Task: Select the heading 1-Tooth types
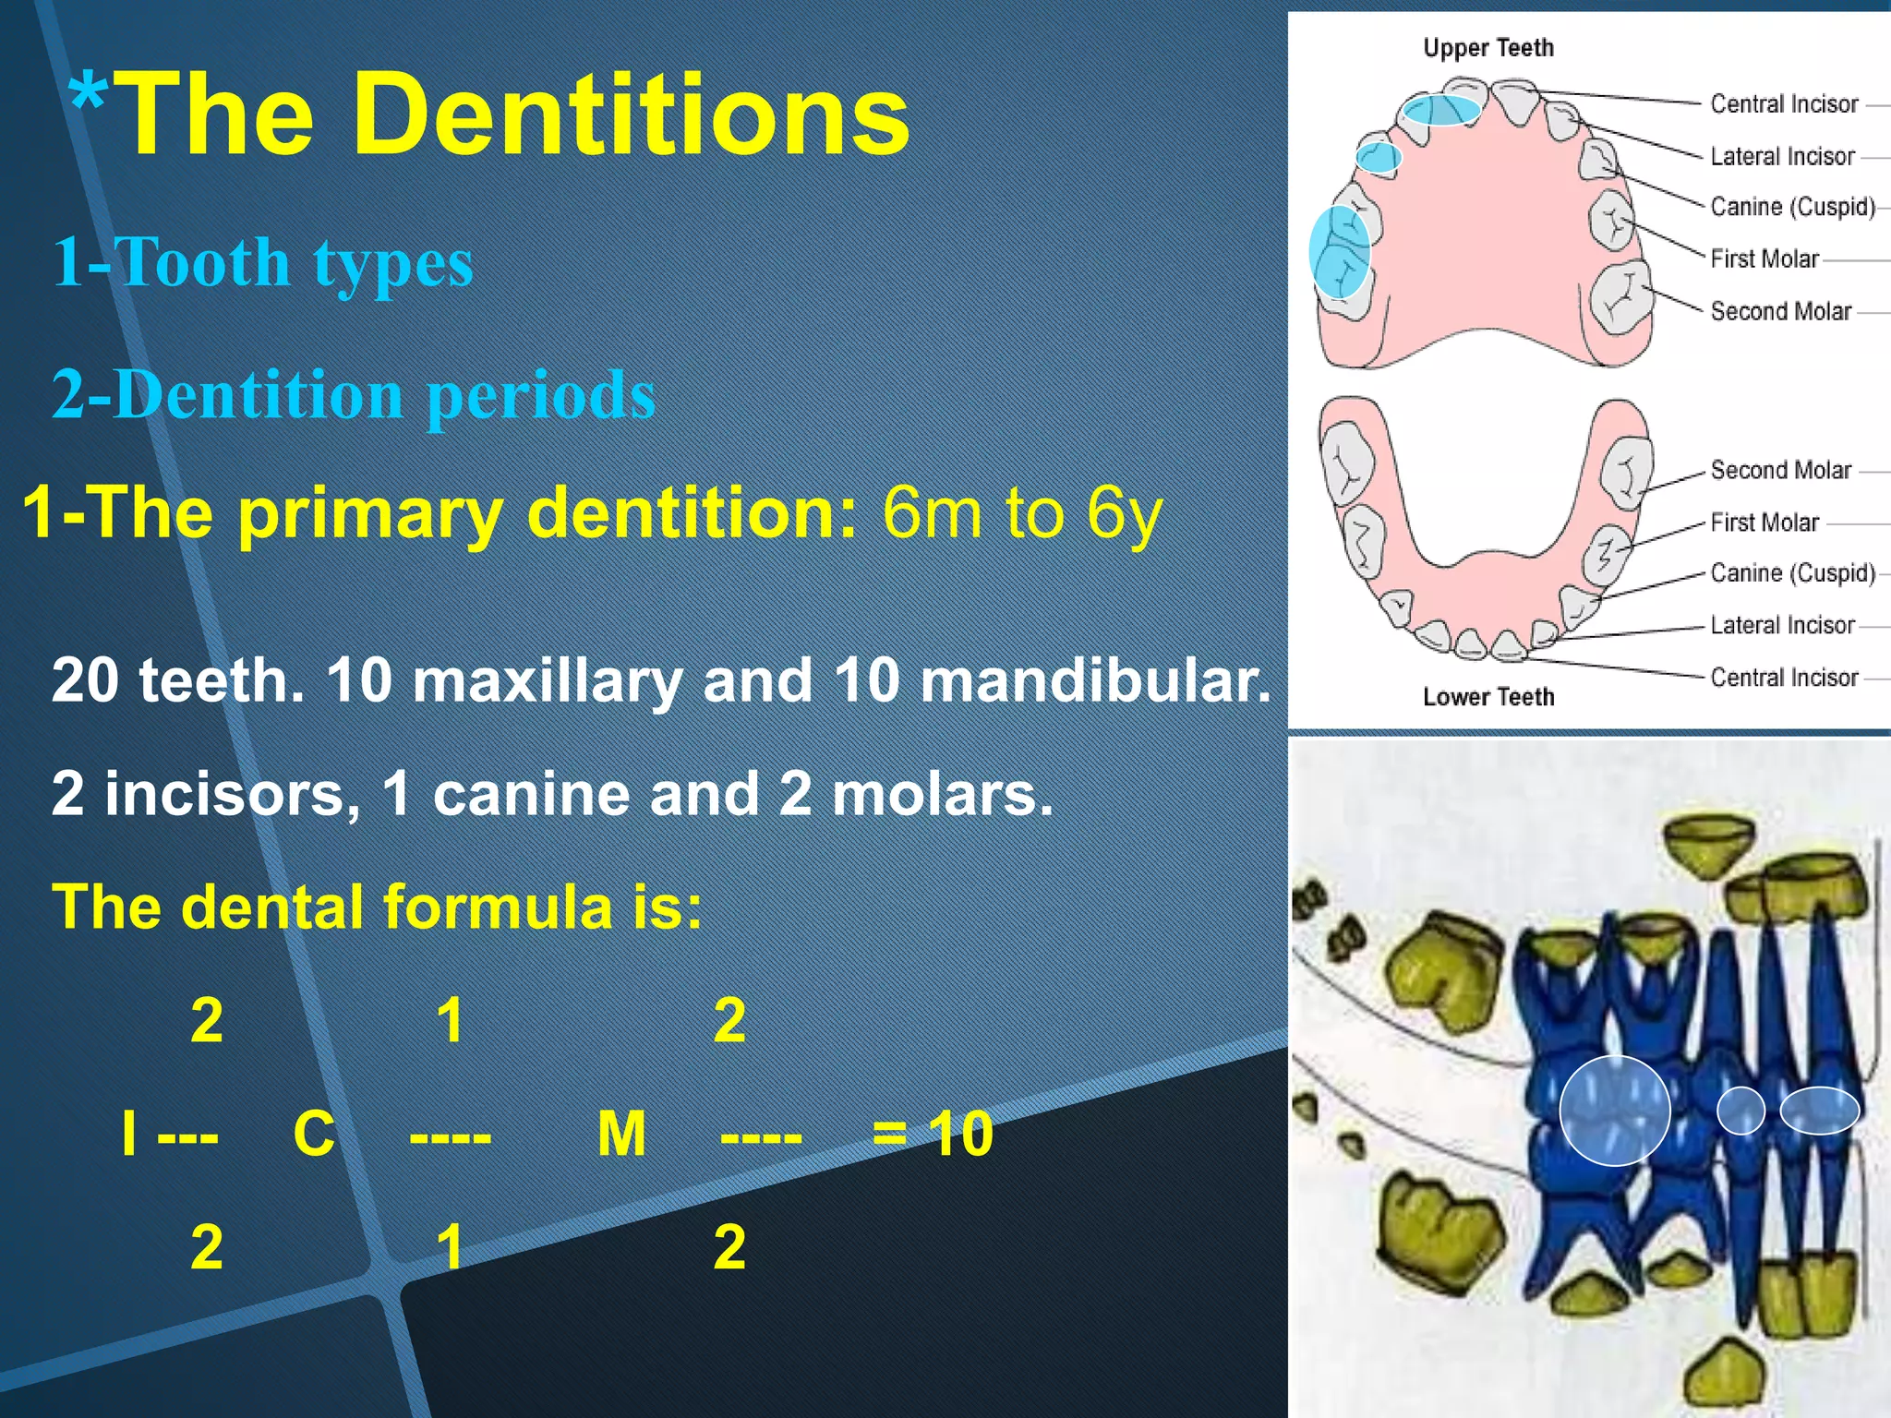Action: pyautogui.click(x=262, y=263)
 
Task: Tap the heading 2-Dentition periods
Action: pyautogui.click(x=353, y=395)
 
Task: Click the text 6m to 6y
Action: pyautogui.click(x=1021, y=513)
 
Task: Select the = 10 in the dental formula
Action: pyautogui.click(x=933, y=1134)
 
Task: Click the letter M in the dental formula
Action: pyautogui.click(x=621, y=1134)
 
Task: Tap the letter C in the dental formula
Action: pyautogui.click(x=314, y=1134)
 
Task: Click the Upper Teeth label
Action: pyautogui.click(x=1488, y=48)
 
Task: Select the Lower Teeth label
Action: pyautogui.click(x=1488, y=697)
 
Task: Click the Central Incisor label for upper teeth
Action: pyautogui.click(x=1783, y=104)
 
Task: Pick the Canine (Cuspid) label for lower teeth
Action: pyautogui.click(x=1791, y=573)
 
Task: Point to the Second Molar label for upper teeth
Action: pyautogui.click(x=1780, y=312)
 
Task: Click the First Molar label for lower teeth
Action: pyautogui.click(x=1764, y=523)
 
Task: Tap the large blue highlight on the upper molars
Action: pyautogui.click(x=1339, y=252)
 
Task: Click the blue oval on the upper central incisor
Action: pyautogui.click(x=1441, y=110)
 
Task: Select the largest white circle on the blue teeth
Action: pyautogui.click(x=1614, y=1110)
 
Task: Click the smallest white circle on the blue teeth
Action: pyautogui.click(x=1740, y=1111)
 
